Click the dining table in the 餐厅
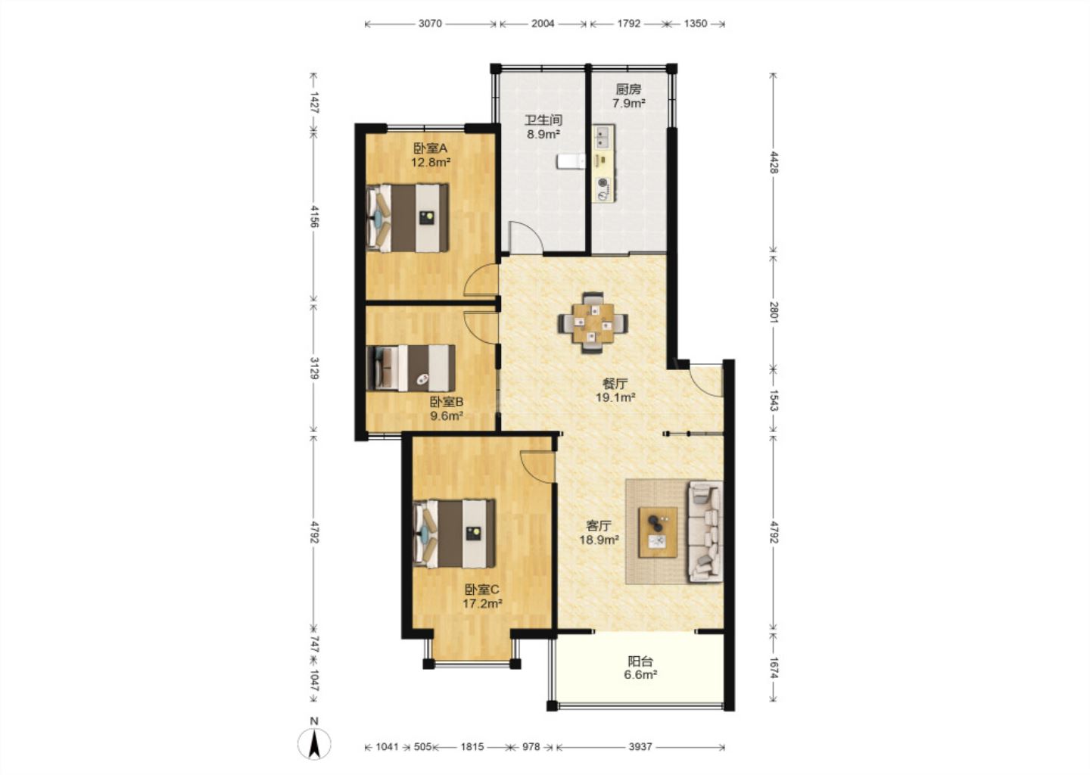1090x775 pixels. coord(593,322)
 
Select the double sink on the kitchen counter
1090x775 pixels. coord(603,137)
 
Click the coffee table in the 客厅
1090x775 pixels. coord(658,532)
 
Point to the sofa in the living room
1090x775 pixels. coord(705,532)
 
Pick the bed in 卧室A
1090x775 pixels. coord(407,217)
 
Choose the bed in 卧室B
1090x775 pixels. coord(411,369)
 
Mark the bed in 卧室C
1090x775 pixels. coord(454,534)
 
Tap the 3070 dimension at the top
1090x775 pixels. coord(430,23)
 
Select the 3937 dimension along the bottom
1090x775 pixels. coord(640,747)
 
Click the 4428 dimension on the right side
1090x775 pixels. coord(774,163)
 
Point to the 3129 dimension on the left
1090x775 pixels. coord(314,369)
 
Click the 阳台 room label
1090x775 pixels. coord(640,661)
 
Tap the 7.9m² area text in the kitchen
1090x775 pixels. coord(629,103)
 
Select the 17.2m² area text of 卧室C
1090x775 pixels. coord(482,604)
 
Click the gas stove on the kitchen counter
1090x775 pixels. coord(603,188)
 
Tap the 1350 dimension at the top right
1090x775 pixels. coord(695,23)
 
